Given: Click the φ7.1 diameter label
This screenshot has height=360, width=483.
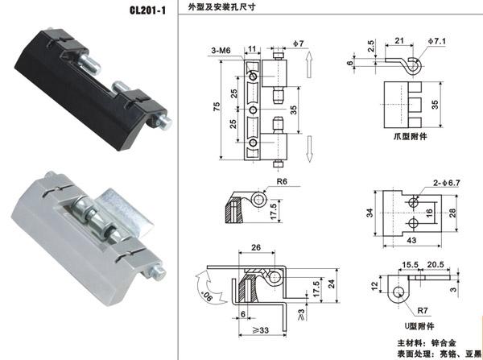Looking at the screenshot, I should (x=444, y=40).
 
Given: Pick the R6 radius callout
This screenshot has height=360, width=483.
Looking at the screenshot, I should (x=282, y=182).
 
